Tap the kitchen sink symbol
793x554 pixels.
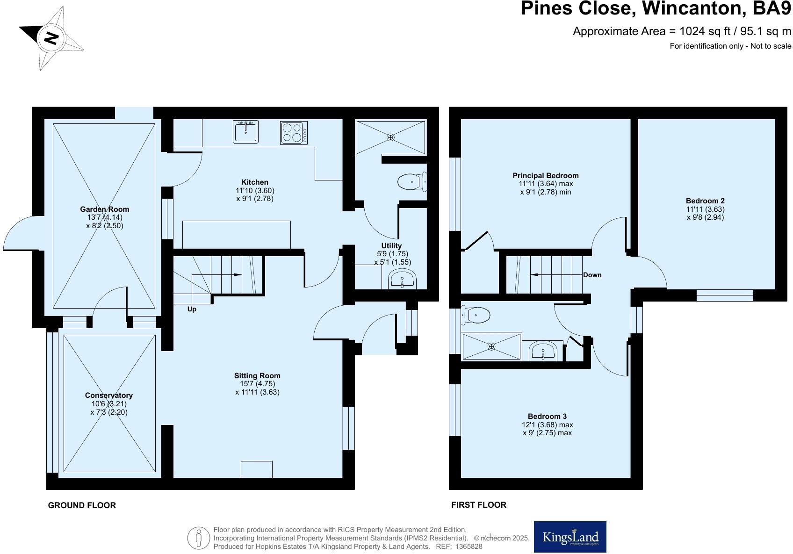pyautogui.click(x=245, y=132)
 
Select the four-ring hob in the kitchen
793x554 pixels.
pyautogui.click(x=294, y=132)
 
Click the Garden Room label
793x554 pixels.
pyautogui.click(x=104, y=209)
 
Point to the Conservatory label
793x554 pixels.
pyautogui.click(x=109, y=395)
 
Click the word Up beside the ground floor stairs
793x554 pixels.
pyautogui.click(x=192, y=309)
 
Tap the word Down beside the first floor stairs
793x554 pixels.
pyautogui.click(x=592, y=275)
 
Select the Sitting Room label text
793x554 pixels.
pyautogui.click(x=257, y=375)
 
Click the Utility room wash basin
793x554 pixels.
pyautogui.click(x=402, y=280)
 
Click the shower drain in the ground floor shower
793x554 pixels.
pyautogui.click(x=390, y=137)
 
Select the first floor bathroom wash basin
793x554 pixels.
pyautogui.click(x=543, y=351)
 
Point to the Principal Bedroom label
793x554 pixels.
pyautogui.click(x=545, y=175)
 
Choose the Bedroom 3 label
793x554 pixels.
pyautogui.click(x=547, y=416)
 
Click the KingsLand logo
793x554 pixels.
pyautogui.click(x=570, y=537)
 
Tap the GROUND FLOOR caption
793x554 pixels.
pyautogui.click(x=82, y=505)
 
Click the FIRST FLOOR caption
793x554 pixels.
pyautogui.click(x=478, y=504)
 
